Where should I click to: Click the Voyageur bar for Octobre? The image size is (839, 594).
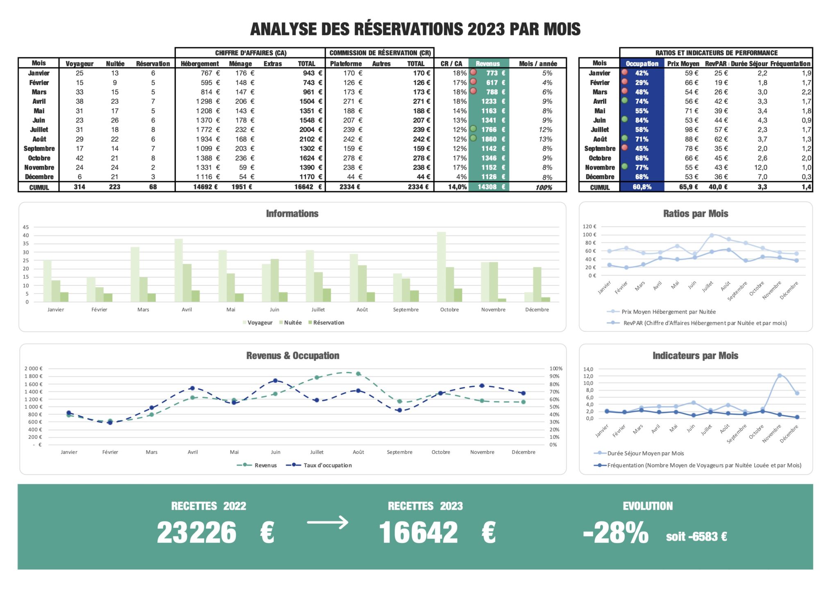click(x=441, y=267)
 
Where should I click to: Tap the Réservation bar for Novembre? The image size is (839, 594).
click(x=502, y=300)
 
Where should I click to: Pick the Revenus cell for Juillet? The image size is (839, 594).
click(x=488, y=130)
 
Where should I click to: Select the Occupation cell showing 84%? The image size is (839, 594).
click(x=642, y=120)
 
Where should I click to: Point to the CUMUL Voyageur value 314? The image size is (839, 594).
click(x=79, y=187)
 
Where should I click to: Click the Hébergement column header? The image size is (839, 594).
click(x=200, y=64)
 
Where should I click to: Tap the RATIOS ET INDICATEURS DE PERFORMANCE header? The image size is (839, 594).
click(x=716, y=53)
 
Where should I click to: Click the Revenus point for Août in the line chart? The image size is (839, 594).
click(x=358, y=374)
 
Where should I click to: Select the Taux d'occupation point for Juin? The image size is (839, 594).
click(x=275, y=381)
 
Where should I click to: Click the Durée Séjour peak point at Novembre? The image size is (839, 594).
click(x=780, y=376)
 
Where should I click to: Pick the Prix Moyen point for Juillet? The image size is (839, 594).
click(x=712, y=235)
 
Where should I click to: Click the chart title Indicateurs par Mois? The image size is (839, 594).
click(x=695, y=356)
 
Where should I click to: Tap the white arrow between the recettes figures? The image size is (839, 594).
click(x=327, y=522)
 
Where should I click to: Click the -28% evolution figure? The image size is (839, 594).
click(x=616, y=533)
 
